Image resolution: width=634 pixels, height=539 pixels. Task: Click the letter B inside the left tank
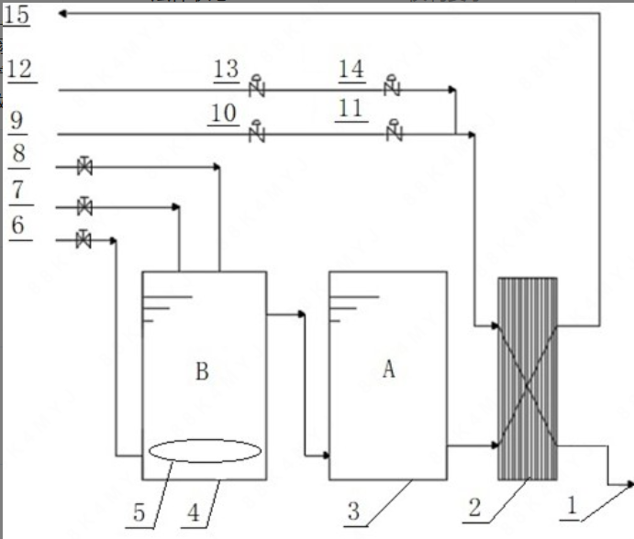coord(203,371)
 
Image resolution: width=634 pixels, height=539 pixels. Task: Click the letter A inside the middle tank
coord(388,369)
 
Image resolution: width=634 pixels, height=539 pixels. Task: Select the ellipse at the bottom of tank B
coord(204,451)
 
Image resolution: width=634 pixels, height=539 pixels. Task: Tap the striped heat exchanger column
coord(527,379)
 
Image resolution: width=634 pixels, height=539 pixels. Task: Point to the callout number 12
coord(18,69)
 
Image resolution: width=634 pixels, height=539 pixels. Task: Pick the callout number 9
coord(17,120)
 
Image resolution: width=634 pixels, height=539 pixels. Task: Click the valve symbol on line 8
coord(84,167)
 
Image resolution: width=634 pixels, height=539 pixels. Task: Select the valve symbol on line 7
coord(84,204)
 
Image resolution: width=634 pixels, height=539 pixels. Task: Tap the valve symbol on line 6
coord(83,240)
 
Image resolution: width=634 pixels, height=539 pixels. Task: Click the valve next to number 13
coord(257,87)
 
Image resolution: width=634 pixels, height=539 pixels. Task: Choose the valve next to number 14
coord(394,87)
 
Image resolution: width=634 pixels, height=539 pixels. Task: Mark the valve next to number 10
coord(257,132)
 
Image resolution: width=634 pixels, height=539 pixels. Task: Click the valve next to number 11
coord(395,132)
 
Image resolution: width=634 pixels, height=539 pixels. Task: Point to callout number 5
coord(139,511)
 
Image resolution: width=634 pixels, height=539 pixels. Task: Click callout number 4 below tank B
coord(194,511)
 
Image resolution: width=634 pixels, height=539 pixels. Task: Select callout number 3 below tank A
coord(353,511)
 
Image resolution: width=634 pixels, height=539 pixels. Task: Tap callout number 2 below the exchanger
coord(474,508)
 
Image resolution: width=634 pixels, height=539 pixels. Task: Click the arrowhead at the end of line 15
coord(61,14)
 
